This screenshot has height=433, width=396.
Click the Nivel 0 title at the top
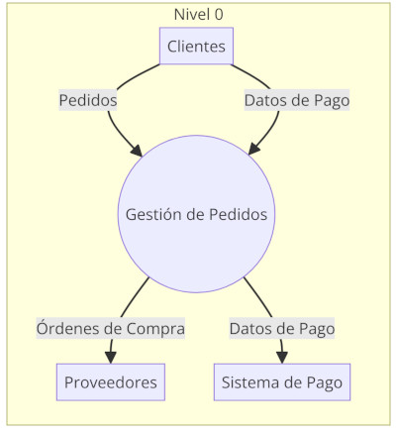pos(198,14)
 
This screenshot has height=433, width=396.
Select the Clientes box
pos(196,46)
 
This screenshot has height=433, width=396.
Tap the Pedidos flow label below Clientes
pos(88,100)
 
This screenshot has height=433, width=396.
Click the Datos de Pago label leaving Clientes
pos(297,100)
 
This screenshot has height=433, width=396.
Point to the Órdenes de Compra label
pos(110,328)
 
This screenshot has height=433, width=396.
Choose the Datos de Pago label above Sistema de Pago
pos(282,328)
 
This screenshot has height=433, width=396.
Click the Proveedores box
pos(110,382)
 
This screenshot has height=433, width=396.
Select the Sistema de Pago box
pos(282,382)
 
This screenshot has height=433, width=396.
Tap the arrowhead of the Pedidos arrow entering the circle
pos(138,152)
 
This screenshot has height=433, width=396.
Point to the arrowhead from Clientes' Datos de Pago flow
pos(252,152)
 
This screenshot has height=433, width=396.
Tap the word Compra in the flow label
pos(156,328)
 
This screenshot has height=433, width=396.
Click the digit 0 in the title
pos(218,14)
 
